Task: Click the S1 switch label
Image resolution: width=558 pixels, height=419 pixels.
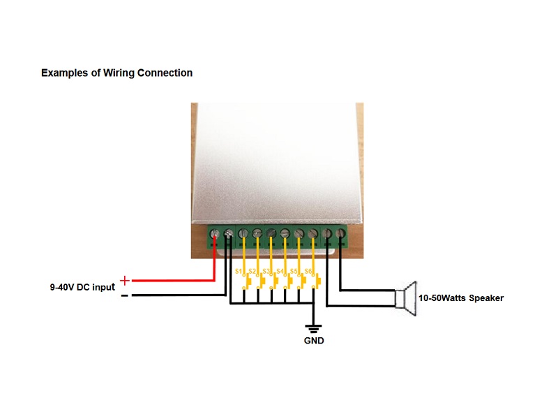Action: pyautogui.click(x=239, y=272)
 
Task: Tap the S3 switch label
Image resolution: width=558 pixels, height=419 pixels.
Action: pyautogui.click(x=266, y=272)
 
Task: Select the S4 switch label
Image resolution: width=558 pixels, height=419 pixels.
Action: pyautogui.click(x=280, y=272)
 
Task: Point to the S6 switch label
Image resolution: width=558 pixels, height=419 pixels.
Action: pyautogui.click(x=308, y=272)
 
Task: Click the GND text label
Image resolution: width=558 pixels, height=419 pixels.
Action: pyautogui.click(x=314, y=341)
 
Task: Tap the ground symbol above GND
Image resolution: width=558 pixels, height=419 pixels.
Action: pyautogui.click(x=313, y=328)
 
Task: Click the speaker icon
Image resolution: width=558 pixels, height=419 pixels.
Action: pyautogui.click(x=406, y=298)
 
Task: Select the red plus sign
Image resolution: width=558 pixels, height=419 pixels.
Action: pyautogui.click(x=125, y=281)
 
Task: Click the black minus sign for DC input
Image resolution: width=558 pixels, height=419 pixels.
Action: pyautogui.click(x=125, y=295)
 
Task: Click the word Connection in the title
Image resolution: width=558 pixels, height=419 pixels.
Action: pyautogui.click(x=165, y=73)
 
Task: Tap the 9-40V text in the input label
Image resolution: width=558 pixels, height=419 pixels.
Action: pyautogui.click(x=62, y=287)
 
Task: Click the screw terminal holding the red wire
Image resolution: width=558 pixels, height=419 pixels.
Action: pyautogui.click(x=215, y=234)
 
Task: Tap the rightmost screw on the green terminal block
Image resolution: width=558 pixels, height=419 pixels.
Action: pyautogui.click(x=340, y=234)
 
